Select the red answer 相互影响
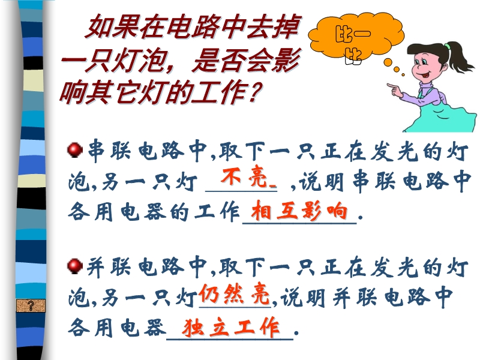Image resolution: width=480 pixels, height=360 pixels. [299, 211]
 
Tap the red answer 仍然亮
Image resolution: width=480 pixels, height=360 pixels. [234, 294]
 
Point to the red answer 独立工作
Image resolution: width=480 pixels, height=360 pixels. [231, 326]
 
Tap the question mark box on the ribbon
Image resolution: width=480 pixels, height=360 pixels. [31, 305]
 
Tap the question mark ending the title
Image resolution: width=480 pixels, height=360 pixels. [254, 92]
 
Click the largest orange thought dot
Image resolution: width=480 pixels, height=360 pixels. [388, 62]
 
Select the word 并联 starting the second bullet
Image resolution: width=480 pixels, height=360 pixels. [109, 267]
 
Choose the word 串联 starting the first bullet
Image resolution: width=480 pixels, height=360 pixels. [109, 151]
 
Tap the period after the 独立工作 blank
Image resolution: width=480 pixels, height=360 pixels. [296, 332]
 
